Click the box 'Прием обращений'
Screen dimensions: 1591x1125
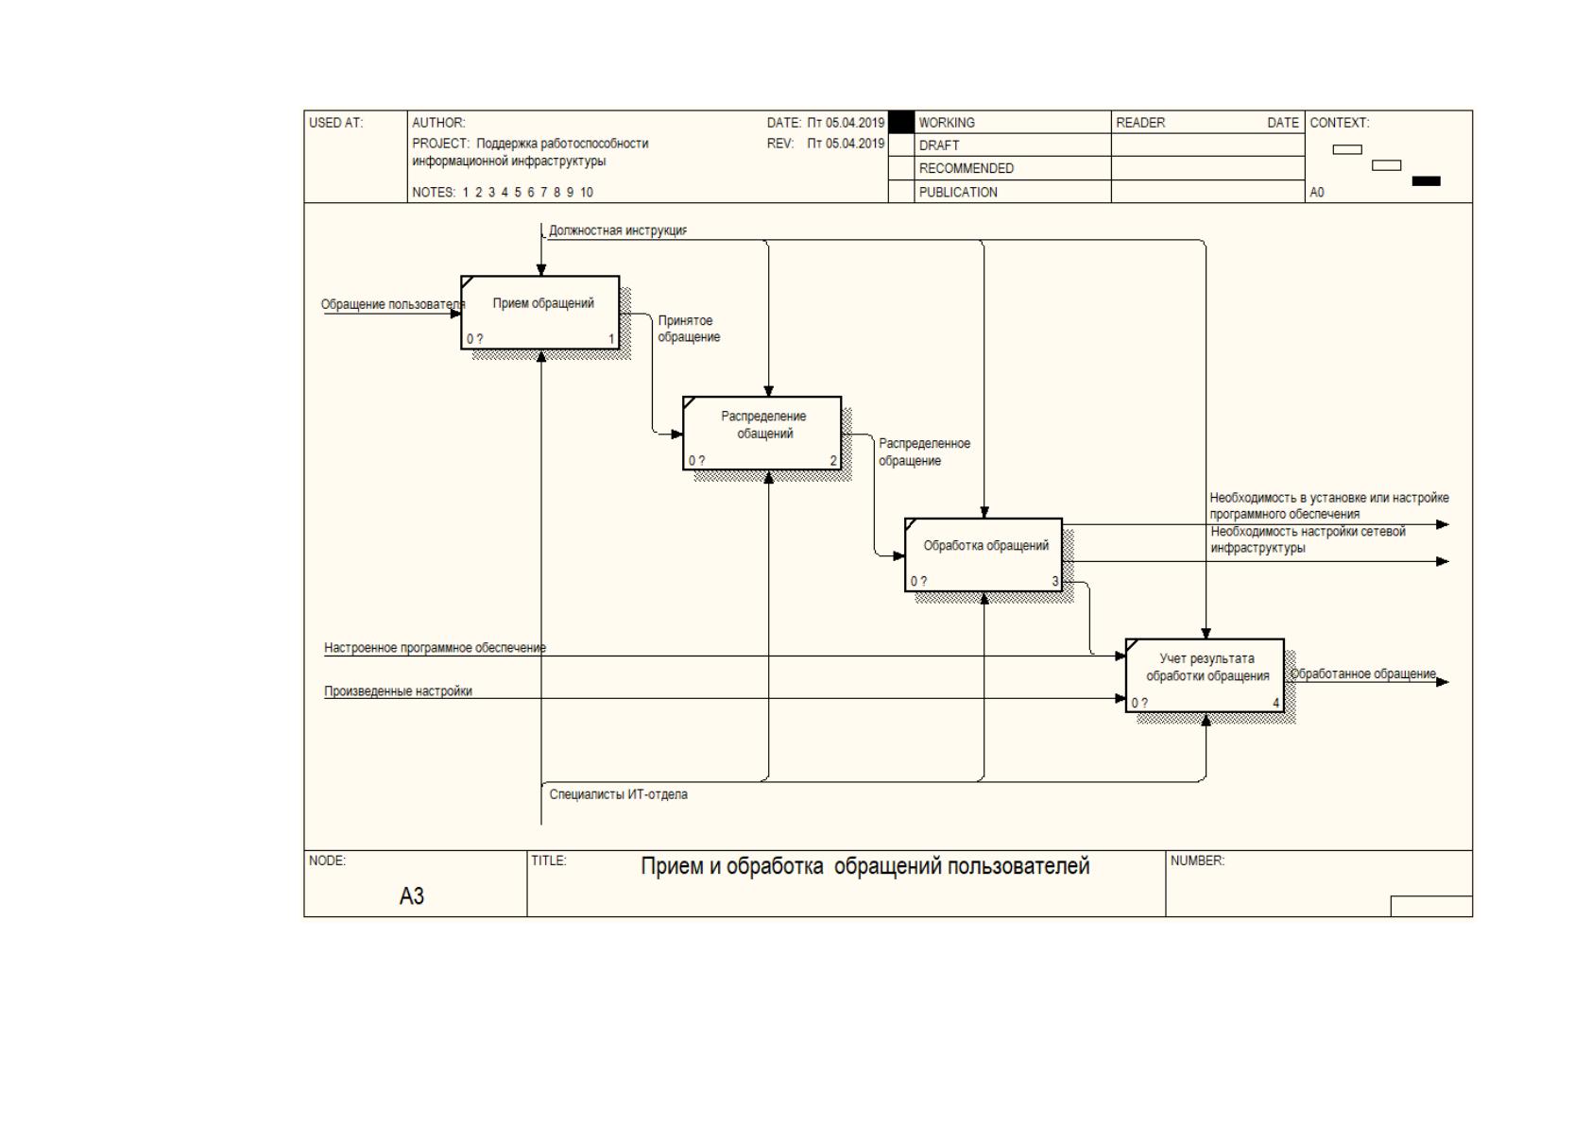(x=539, y=313)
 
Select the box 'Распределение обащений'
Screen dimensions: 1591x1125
(x=762, y=434)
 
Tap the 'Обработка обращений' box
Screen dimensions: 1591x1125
(x=984, y=554)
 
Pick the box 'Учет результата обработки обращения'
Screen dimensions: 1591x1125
(x=1206, y=675)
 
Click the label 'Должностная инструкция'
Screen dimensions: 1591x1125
(x=617, y=230)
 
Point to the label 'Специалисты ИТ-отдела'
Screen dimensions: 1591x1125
(x=618, y=794)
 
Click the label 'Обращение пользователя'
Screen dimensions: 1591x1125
(x=393, y=304)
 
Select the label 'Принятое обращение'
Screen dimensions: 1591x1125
(x=688, y=329)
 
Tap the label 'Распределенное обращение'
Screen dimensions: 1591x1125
(x=924, y=452)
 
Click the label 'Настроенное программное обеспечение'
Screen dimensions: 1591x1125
(x=435, y=648)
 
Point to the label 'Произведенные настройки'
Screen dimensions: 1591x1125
(x=398, y=691)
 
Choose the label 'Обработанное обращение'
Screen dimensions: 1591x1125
(x=1363, y=673)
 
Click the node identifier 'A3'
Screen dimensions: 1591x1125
(x=412, y=896)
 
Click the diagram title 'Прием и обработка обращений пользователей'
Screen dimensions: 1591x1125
(x=865, y=866)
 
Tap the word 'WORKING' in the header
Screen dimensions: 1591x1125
(x=947, y=122)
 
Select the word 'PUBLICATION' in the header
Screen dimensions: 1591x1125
(x=958, y=192)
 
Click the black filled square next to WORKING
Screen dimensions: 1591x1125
(x=901, y=122)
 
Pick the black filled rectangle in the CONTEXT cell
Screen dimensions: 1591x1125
(x=1427, y=181)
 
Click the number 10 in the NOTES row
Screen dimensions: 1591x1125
(x=586, y=192)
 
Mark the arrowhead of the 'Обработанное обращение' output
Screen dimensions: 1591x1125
(x=1442, y=683)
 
